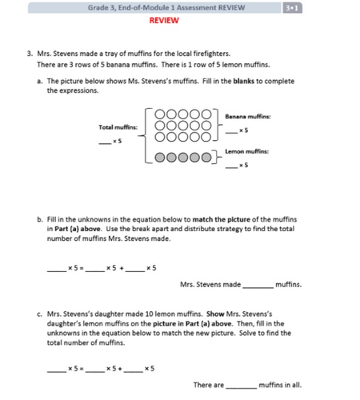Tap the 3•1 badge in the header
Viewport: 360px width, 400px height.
(290, 7)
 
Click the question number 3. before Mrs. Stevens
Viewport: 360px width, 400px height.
(30, 53)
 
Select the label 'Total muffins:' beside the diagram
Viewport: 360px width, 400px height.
(118, 127)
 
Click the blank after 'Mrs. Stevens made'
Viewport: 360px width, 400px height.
(258, 284)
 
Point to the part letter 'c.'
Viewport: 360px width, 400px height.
(40, 314)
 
